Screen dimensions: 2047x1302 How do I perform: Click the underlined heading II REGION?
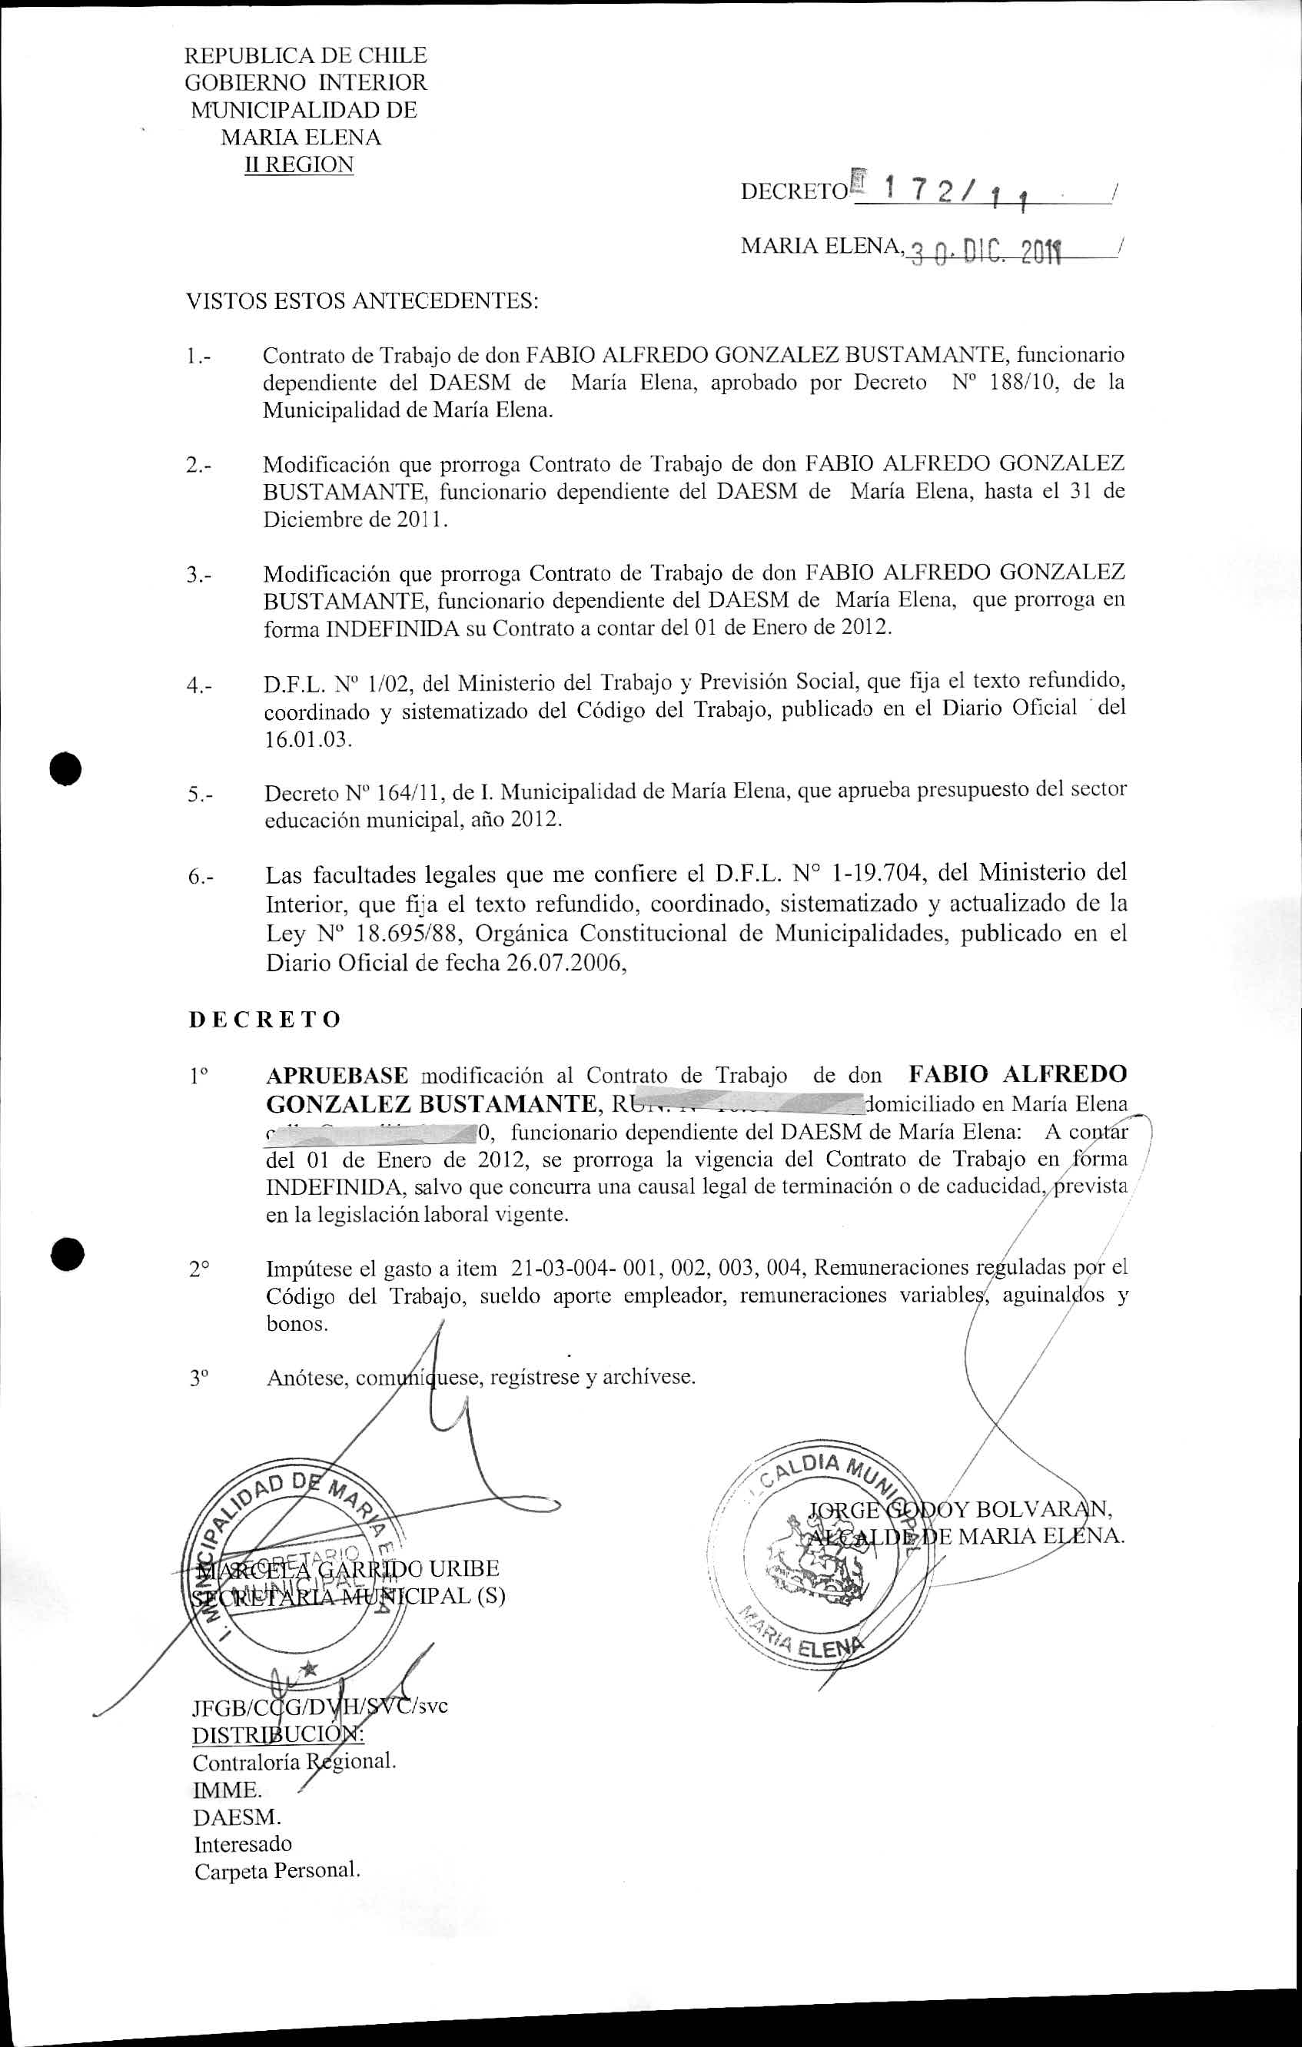298,164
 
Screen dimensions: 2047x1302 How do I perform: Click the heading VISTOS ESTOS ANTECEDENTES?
362,301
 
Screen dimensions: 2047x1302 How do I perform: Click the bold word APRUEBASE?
337,1074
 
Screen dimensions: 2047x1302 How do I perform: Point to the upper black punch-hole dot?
65,768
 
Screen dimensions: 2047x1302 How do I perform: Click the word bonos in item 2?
296,1324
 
